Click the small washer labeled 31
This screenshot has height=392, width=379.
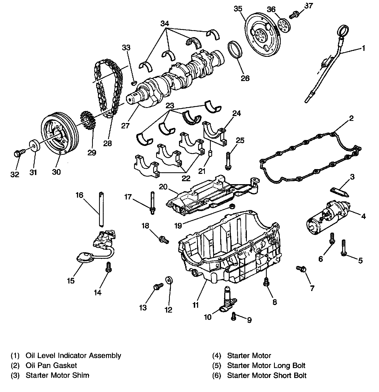[34, 146]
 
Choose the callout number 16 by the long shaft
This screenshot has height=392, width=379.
[79, 195]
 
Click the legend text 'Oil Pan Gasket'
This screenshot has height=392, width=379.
[51, 365]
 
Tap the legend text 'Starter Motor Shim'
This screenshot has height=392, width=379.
[57, 375]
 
